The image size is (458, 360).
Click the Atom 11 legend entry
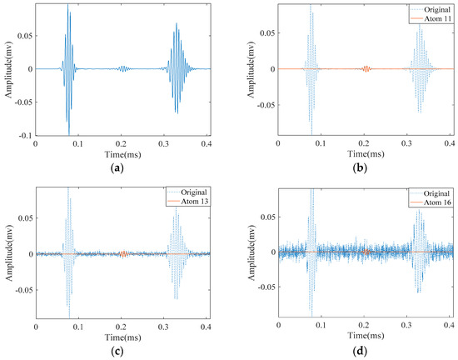click(430, 16)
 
